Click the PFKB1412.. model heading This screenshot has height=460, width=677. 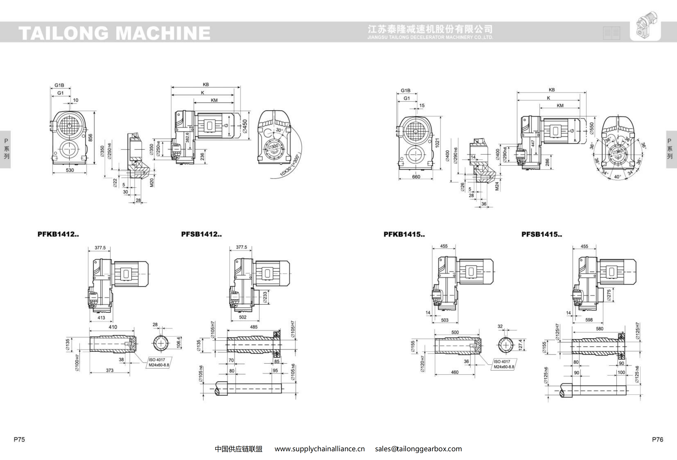pyautogui.click(x=58, y=234)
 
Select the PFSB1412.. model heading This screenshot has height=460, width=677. pyautogui.click(x=201, y=234)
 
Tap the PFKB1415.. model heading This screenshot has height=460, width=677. pyautogui.click(x=404, y=234)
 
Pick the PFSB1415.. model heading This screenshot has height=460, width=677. pyautogui.click(x=542, y=234)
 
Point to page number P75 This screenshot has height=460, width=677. pyautogui.click(x=19, y=439)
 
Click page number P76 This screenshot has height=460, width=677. pyautogui.click(x=657, y=439)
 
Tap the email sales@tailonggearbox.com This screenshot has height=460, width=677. pyautogui.click(x=418, y=449)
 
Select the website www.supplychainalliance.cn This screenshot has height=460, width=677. pyautogui.click(x=320, y=449)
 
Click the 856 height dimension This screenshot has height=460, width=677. pyautogui.click(x=90, y=138)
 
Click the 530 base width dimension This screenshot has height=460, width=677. pyautogui.click(x=70, y=170)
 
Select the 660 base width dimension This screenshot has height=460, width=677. pyautogui.click(x=416, y=177)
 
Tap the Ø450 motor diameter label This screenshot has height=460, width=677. pyautogui.click(x=245, y=126)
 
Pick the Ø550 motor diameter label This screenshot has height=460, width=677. pyautogui.click(x=592, y=128)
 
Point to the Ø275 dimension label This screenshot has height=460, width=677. pyautogui.click(x=609, y=295)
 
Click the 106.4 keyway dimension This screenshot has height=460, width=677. pyautogui.click(x=178, y=343)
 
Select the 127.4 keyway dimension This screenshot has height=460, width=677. pyautogui.click(x=520, y=344)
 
